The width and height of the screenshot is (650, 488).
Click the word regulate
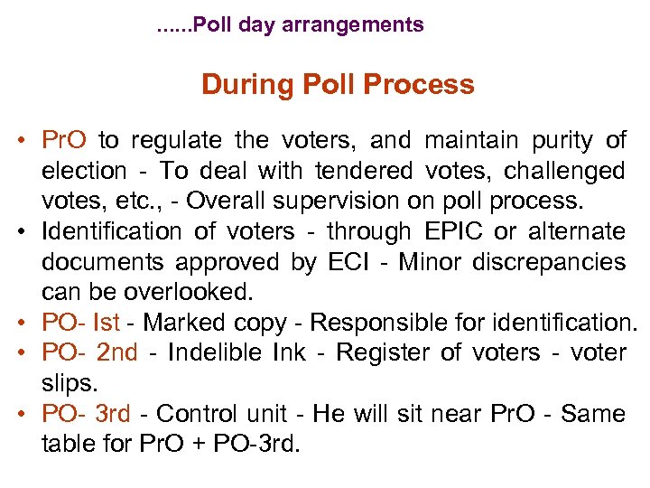click(175, 141)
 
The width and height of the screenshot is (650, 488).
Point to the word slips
click(69, 383)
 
